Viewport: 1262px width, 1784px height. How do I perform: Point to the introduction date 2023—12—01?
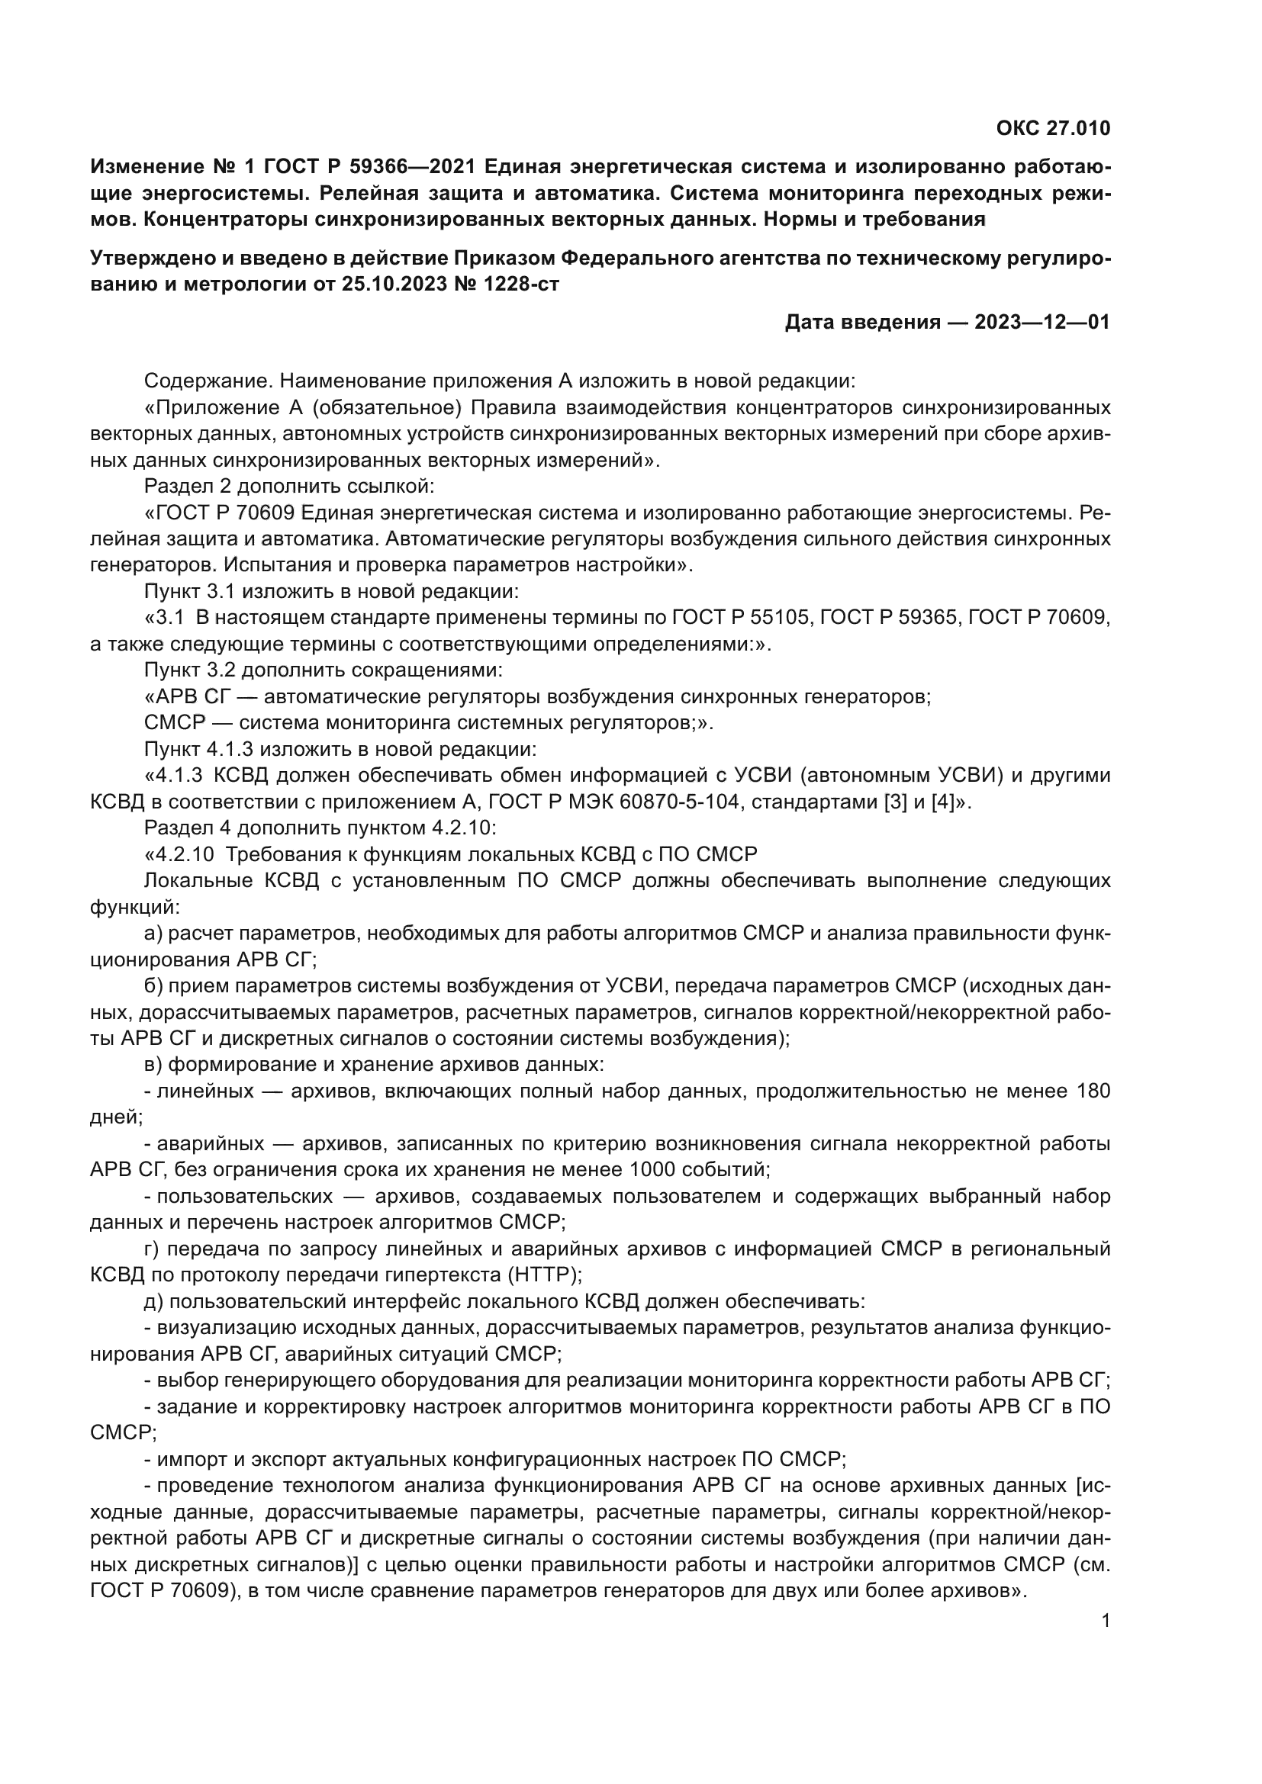[1042, 322]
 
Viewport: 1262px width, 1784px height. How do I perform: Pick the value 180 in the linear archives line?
[1093, 1091]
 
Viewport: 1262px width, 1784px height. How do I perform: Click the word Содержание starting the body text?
[209, 381]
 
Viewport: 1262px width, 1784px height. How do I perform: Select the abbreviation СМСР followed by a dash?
[175, 723]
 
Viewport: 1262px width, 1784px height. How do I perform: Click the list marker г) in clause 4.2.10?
[153, 1249]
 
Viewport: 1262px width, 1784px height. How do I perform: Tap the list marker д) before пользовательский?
[154, 1301]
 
